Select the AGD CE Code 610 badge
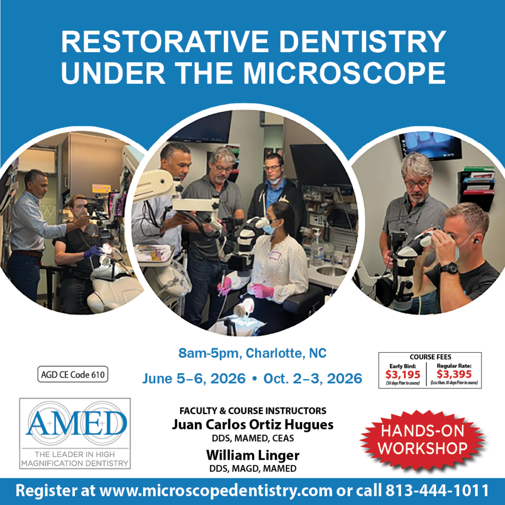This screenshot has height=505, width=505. (73, 374)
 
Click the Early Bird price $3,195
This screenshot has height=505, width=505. (402, 375)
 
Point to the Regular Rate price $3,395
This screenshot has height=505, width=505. (454, 374)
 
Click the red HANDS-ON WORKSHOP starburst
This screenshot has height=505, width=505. (423, 439)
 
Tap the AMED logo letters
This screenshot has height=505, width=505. (76, 423)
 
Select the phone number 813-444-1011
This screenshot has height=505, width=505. (437, 491)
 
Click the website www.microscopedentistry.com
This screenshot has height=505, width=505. (216, 491)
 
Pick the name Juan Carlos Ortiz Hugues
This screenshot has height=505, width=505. (252, 425)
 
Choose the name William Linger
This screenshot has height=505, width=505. (253, 455)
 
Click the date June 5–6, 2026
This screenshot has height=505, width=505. (194, 378)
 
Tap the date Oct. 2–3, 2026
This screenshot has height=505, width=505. (313, 378)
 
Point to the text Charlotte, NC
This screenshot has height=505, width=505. (286, 353)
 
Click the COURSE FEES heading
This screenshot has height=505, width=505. (430, 357)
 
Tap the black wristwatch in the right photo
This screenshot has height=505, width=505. (449, 268)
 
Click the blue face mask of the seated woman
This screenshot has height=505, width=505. (269, 228)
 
